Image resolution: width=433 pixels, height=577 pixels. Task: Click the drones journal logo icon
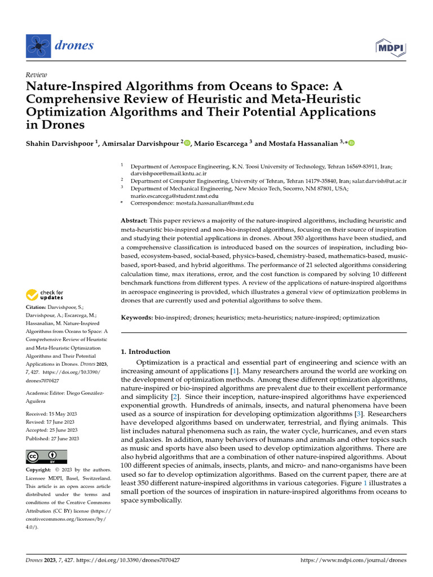tap(38, 46)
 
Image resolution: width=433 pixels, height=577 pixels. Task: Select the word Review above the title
tap(37, 74)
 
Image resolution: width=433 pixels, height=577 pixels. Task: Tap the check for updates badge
tap(45, 294)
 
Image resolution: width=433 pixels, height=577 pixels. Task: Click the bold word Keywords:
tap(137, 318)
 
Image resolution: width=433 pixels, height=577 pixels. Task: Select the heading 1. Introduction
tap(146, 352)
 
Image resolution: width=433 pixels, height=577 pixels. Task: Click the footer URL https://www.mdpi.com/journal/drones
tap(354, 561)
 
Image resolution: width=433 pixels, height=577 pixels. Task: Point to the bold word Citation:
tap(37, 307)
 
